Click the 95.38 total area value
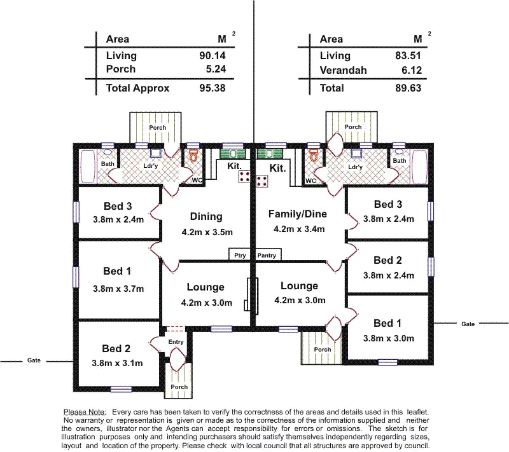click(x=212, y=88)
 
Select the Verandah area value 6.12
click(x=408, y=71)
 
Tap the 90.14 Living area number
click(x=212, y=56)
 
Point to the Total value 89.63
click(x=408, y=88)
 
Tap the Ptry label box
click(x=240, y=255)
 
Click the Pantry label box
click(x=267, y=255)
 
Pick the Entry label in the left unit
click(x=176, y=342)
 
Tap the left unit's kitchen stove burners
click(x=243, y=177)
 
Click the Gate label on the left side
click(x=34, y=360)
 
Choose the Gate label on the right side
click(x=468, y=324)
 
